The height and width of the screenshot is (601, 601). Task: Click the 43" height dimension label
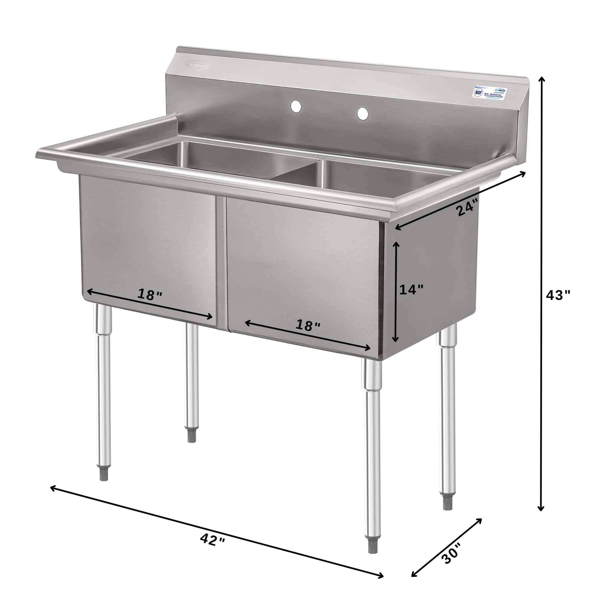click(558, 295)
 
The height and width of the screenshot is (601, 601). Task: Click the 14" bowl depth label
click(411, 290)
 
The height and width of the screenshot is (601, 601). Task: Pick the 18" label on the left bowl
click(150, 294)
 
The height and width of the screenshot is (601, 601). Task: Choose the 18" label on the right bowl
click(308, 325)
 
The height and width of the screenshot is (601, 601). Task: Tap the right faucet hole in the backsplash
click(362, 114)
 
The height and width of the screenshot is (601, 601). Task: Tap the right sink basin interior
click(373, 180)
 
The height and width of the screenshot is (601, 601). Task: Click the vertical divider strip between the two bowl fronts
click(221, 261)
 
